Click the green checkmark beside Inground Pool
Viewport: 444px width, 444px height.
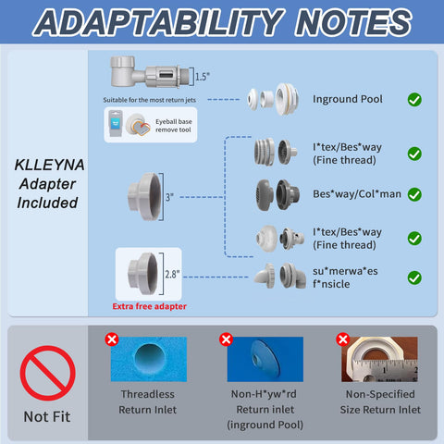414,100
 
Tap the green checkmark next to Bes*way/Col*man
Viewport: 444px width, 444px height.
414,194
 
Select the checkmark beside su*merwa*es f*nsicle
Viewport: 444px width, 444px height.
414,277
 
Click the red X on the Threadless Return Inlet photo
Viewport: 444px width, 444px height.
112,339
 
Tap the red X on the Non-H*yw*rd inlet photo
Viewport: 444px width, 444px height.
226,339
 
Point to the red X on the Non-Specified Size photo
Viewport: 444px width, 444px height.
343,339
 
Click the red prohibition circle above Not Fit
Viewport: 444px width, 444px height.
47,373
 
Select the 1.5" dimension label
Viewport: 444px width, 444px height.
203,77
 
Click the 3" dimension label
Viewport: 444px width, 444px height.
169,197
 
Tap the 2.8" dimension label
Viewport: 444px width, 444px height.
172,274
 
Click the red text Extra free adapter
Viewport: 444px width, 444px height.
150,306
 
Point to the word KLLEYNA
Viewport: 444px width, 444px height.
49,165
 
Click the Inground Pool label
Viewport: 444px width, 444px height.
348,99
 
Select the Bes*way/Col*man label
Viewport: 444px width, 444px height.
357,194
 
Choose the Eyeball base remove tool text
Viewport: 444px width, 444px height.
174,126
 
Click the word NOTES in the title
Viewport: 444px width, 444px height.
353,22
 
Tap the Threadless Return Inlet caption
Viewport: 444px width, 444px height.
148,402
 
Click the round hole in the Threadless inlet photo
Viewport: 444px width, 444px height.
150,358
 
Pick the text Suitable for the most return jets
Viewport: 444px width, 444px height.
150,100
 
